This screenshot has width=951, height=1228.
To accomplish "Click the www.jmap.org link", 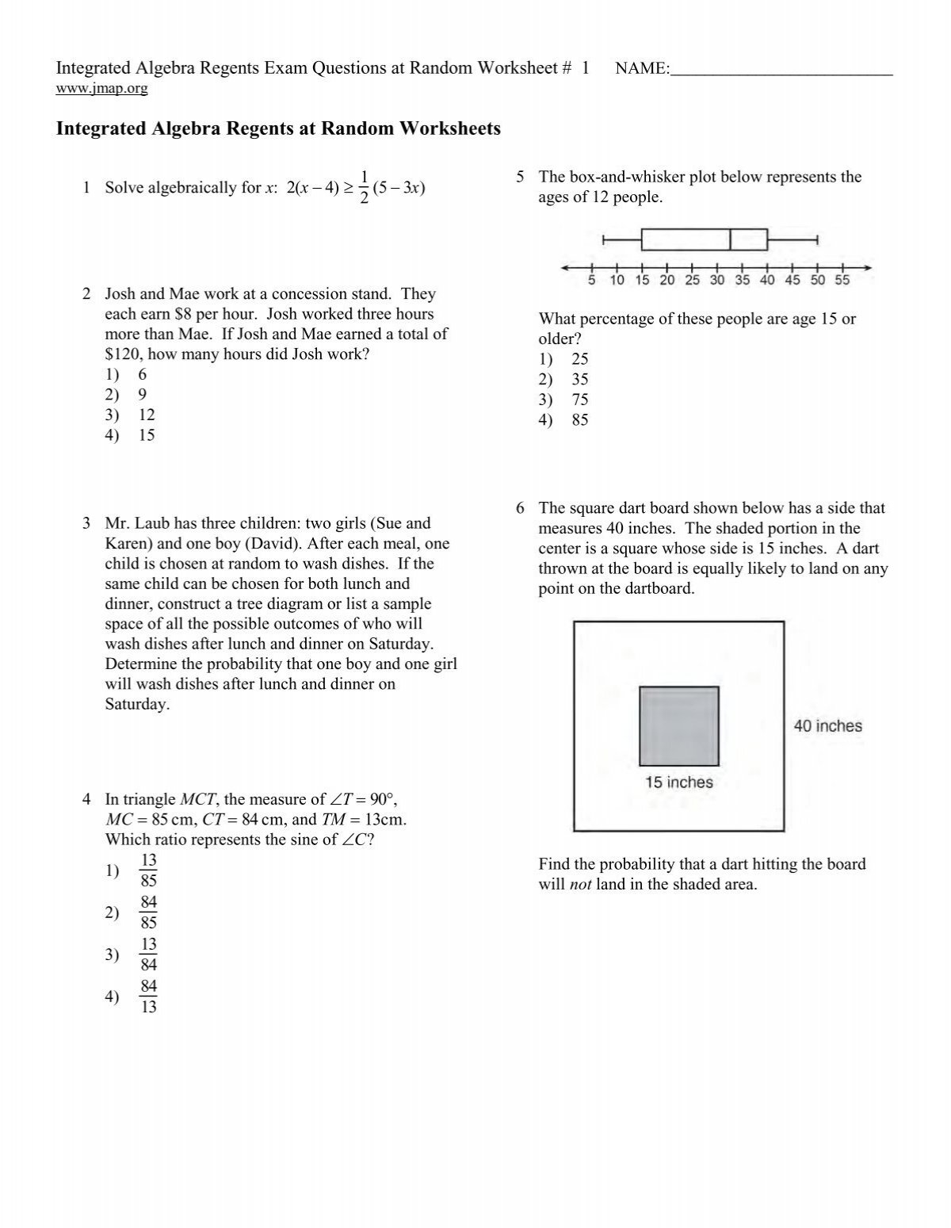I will (x=101, y=89).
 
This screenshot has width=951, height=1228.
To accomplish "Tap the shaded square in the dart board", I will (x=679, y=726).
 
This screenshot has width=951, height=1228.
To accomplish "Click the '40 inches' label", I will (x=827, y=725).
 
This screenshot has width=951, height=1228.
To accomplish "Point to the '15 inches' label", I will (x=678, y=782).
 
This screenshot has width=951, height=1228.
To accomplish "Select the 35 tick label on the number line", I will (x=743, y=281).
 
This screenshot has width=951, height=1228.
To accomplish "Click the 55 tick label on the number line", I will (x=842, y=281).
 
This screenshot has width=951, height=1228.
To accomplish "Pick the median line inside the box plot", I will (x=730, y=239).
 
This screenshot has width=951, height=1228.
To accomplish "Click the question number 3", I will (x=86, y=523).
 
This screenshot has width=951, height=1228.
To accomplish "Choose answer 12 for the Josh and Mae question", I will (x=146, y=415).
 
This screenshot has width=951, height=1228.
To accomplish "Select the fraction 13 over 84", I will (x=148, y=954).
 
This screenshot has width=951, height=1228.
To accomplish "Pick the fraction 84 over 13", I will (x=148, y=997).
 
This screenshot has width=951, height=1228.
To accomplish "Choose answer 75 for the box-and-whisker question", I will (x=579, y=400).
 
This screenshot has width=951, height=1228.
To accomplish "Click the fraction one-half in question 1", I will (x=364, y=187).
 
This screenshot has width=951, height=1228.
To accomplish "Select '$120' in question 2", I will (x=123, y=354).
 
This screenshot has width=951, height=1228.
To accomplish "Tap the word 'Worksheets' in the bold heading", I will (x=451, y=128).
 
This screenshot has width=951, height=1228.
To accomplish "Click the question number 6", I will (x=520, y=508).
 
